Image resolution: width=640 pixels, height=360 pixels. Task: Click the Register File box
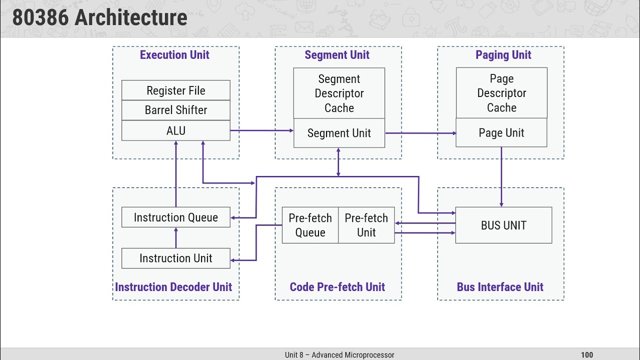(175, 90)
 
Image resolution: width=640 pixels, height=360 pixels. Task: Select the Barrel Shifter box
(175, 110)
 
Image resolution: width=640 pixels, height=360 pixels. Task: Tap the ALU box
(175, 130)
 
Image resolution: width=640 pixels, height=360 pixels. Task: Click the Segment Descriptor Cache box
(339, 93)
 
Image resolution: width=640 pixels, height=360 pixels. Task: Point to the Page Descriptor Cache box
(501, 93)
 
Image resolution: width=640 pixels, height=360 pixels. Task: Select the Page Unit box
(501, 133)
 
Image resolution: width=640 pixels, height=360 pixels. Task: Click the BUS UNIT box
(503, 225)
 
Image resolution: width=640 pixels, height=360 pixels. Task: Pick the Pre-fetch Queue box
(310, 225)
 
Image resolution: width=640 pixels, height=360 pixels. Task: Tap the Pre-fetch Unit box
(366, 225)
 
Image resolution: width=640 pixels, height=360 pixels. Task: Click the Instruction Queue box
(175, 217)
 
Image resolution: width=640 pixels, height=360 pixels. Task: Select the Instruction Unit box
(175, 258)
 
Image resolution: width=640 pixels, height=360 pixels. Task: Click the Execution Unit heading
(174, 55)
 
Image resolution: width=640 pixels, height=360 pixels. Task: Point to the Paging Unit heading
(503, 55)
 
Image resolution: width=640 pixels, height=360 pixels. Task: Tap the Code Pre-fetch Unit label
(337, 287)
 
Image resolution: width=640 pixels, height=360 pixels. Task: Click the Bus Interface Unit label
(500, 287)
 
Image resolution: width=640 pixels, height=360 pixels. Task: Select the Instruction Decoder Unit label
(173, 287)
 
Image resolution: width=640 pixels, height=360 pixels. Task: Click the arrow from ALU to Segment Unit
(261, 130)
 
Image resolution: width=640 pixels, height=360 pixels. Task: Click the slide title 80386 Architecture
(100, 18)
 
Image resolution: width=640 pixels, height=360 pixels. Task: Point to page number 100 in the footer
(587, 355)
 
